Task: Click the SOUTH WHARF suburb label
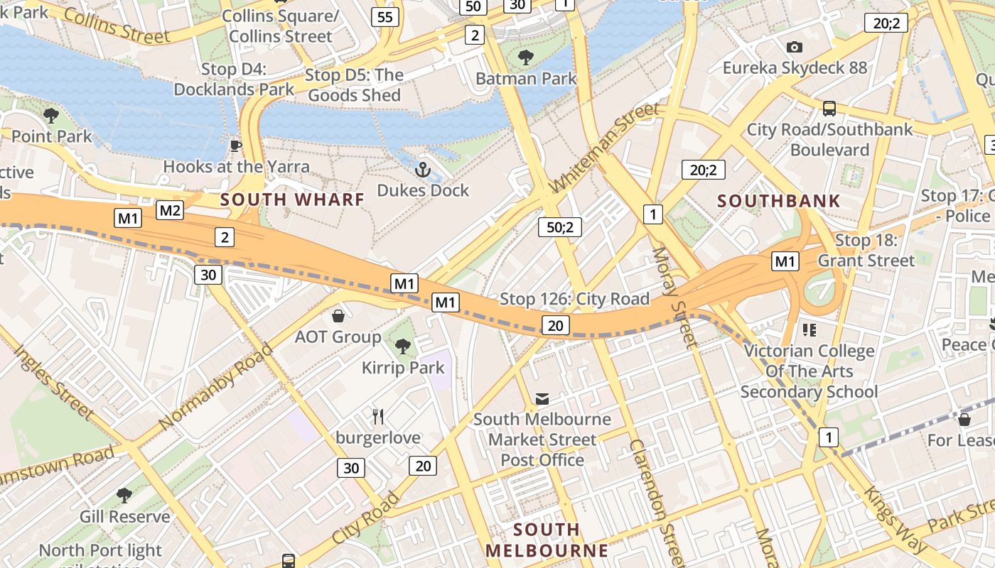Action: pos(292,200)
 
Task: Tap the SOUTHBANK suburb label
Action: pos(778,201)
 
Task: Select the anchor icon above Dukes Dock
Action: pos(423,170)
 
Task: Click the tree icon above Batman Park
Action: pos(526,58)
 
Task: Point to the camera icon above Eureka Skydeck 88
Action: pos(795,47)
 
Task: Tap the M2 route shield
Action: pos(171,210)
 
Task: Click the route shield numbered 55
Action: pos(384,17)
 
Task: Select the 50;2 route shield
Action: pos(560,227)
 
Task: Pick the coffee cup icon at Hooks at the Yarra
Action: pos(236,146)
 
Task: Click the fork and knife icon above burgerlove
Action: pos(378,417)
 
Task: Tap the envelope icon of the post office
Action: pos(542,399)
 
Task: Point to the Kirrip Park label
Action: pos(403,368)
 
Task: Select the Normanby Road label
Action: pos(215,387)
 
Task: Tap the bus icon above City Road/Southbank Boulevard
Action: pos(829,109)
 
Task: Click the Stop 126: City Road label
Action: pos(575,299)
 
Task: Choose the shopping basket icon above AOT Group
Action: pos(338,315)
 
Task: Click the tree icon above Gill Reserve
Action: pos(124,496)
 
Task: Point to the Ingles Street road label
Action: pos(53,382)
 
